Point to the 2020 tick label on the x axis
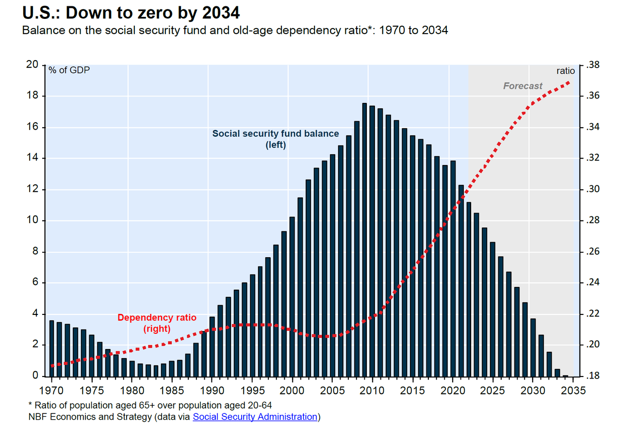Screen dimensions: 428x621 452,391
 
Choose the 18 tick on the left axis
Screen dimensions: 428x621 33,96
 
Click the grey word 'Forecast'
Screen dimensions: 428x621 523,86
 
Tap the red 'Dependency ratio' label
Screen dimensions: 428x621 157,318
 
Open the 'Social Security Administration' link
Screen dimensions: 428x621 255,416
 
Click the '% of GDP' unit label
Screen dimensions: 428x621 69,70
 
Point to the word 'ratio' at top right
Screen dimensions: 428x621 565,71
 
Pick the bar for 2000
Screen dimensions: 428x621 292,296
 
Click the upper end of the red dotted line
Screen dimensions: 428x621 569,82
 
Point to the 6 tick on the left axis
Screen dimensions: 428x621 35,283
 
